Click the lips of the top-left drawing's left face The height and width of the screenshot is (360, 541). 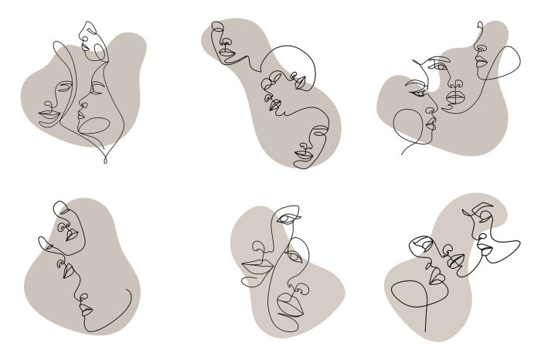pos(48,115)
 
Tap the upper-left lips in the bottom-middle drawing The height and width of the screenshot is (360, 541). pos(253,267)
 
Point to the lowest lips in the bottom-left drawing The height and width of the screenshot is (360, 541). pos(85,311)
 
